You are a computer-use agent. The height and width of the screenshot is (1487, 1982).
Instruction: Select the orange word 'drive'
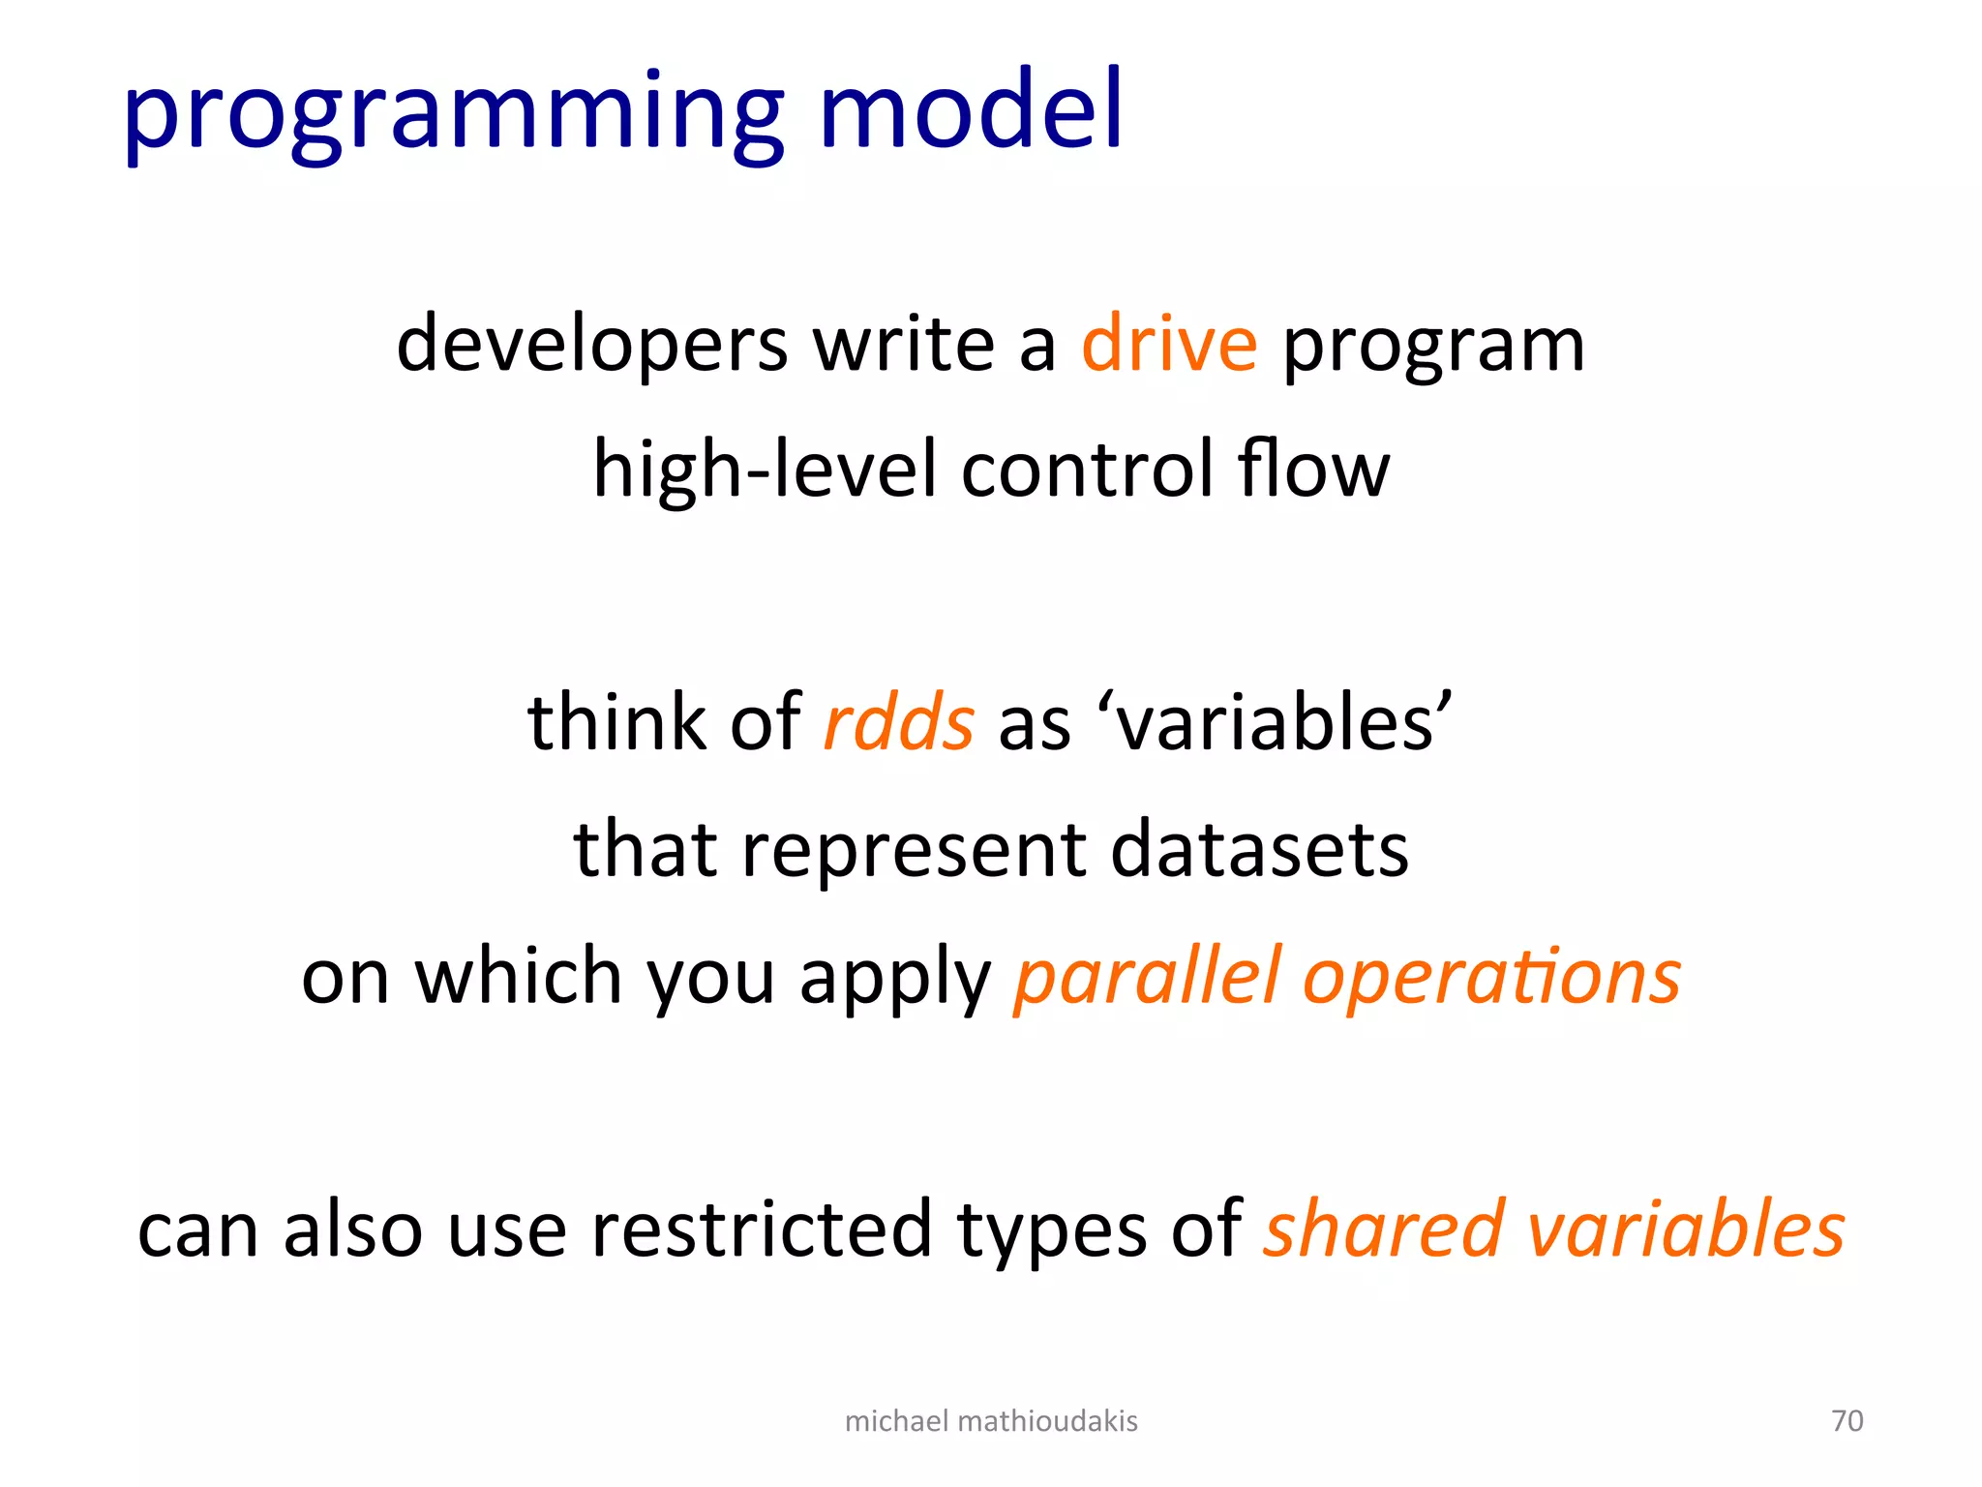tap(1169, 344)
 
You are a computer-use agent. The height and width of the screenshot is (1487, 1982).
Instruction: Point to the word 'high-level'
tap(765, 470)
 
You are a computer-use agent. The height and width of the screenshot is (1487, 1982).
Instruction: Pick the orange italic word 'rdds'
tap(898, 723)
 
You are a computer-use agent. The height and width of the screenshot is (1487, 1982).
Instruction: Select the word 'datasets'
tap(1259, 849)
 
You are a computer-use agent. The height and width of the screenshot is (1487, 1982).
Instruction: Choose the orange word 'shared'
tap(1384, 1229)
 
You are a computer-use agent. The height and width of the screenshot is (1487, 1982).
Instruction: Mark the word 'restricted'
tap(760, 1229)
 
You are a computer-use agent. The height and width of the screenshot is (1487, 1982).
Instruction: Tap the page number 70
tap(1847, 1420)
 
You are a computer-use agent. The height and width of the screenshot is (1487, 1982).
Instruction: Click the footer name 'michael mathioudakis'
tap(991, 1420)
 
